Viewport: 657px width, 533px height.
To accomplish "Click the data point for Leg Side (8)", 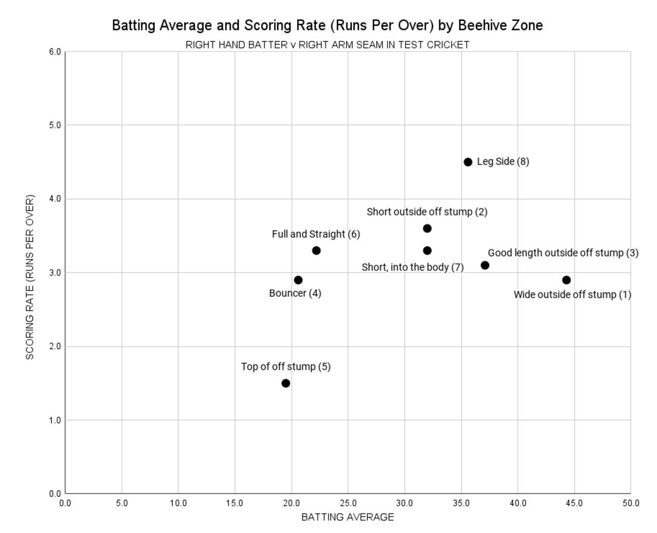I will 468,162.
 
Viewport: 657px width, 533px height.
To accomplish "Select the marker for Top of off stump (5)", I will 286,383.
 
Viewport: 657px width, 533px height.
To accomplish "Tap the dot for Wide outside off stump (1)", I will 566,280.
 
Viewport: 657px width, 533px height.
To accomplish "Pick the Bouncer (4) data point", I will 298,280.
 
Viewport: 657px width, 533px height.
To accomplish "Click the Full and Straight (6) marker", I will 316,251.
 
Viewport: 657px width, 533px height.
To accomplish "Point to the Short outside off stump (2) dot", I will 427,229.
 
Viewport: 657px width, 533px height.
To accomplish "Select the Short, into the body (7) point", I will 427,251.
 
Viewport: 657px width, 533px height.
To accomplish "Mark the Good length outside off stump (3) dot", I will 485,265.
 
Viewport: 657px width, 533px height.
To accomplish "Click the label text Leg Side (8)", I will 503,161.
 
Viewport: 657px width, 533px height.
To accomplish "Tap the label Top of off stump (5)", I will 286,367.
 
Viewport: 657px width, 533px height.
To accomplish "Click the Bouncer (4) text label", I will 295,293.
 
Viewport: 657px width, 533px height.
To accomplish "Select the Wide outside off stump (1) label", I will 572,295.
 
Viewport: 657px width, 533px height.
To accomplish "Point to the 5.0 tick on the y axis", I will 55,125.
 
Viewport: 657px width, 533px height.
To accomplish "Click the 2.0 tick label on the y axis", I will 55,347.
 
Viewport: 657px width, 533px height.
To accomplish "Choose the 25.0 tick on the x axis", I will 348,503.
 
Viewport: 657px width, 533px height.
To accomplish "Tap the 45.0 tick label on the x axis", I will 574,503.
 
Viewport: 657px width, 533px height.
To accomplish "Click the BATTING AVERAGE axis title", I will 347,517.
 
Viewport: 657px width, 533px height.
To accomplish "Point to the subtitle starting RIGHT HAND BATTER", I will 327,45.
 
